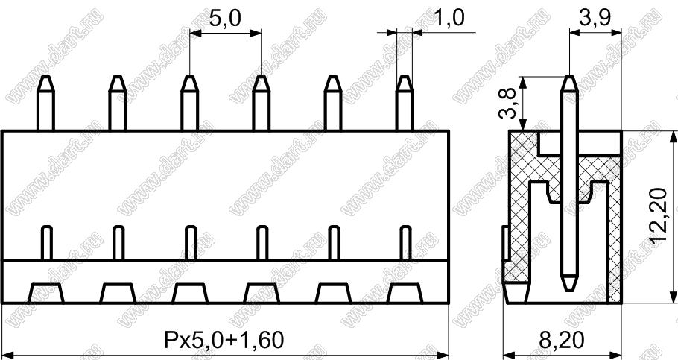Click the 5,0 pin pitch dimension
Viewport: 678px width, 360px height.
(225, 19)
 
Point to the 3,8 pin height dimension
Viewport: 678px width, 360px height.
(507, 103)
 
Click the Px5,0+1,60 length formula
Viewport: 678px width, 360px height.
(224, 340)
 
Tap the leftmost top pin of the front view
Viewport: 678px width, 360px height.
(45, 103)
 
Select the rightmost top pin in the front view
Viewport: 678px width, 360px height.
(405, 103)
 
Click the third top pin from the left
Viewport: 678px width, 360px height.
(189, 103)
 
